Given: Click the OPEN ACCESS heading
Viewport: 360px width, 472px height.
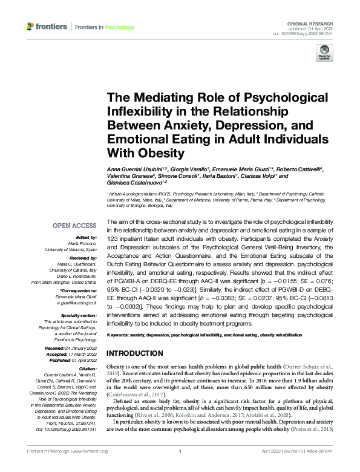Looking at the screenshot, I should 74,226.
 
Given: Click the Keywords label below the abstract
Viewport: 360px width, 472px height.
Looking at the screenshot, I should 120,335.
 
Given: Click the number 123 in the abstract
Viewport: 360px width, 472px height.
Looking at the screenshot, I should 114,247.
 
